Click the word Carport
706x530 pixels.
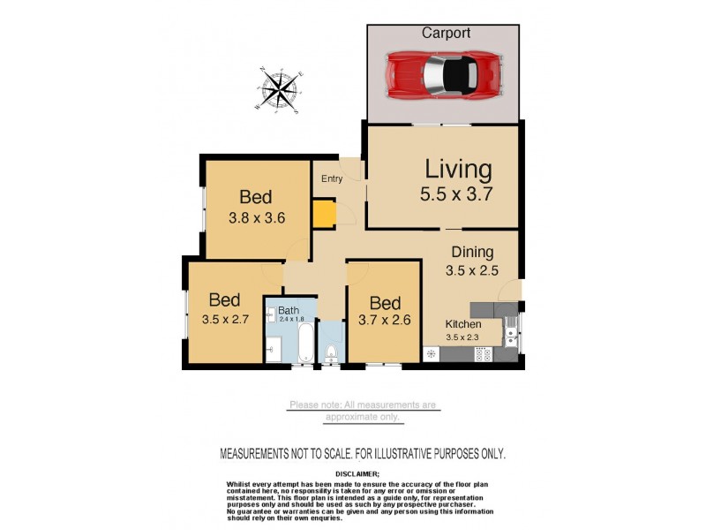click(445, 33)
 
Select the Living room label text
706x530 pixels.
click(457, 169)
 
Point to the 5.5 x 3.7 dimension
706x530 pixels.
click(457, 195)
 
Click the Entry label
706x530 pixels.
click(332, 179)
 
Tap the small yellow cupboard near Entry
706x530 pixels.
click(324, 215)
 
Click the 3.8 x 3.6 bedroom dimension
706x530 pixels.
click(255, 217)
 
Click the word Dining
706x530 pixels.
click(472, 253)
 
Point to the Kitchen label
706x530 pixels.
click(462, 324)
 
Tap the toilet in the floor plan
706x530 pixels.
click(331, 354)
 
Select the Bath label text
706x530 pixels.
click(289, 311)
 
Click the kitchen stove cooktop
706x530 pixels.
click(484, 354)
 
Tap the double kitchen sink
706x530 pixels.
click(509, 333)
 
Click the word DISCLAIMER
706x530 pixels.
click(362, 473)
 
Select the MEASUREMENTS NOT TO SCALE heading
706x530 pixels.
click(362, 453)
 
